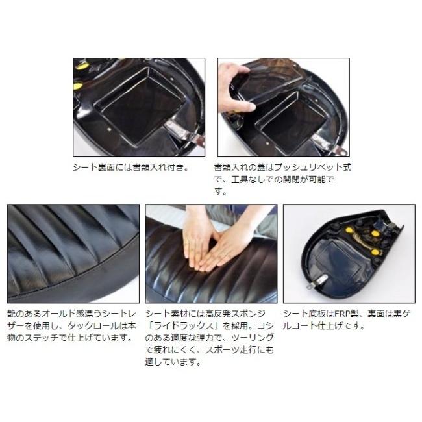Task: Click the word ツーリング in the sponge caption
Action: point(252,338)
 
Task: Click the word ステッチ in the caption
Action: point(41,338)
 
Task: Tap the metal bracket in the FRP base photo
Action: point(317,282)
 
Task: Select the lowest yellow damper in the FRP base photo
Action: point(375,252)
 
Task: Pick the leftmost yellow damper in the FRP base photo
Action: point(349,230)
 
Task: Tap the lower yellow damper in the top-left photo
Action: point(78,86)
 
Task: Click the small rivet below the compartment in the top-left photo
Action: point(108,129)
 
